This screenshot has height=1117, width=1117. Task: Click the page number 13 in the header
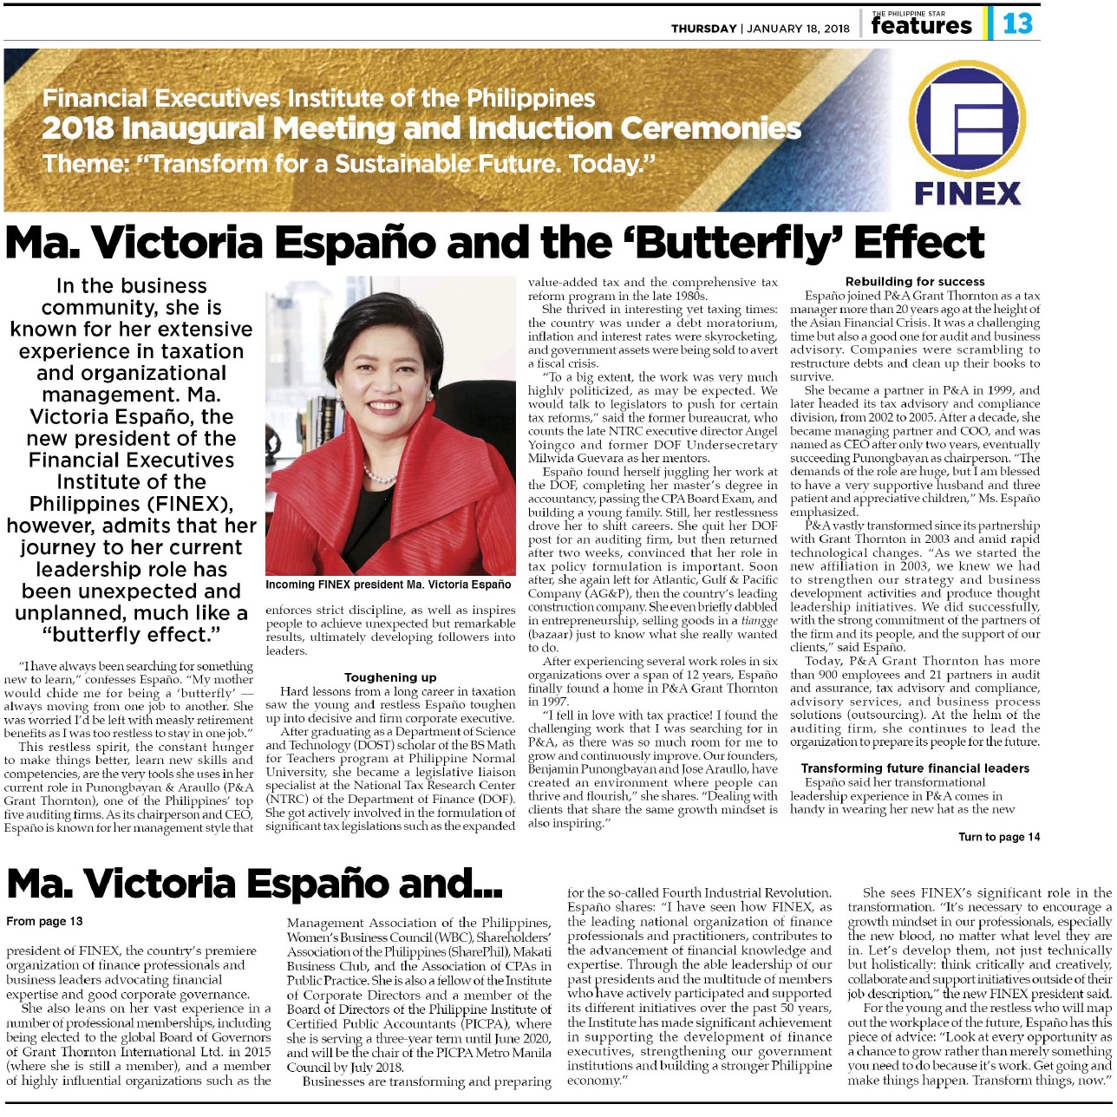click(1017, 23)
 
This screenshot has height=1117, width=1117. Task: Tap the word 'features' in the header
click(921, 26)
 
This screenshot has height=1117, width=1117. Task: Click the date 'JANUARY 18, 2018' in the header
click(798, 29)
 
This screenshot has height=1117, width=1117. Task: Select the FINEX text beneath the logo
click(968, 193)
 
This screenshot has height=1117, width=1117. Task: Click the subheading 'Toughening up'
click(390, 677)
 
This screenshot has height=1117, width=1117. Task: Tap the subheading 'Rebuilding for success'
click(915, 281)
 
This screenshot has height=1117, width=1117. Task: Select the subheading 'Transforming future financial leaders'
click(915, 768)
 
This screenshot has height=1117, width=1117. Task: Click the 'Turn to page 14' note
click(998, 837)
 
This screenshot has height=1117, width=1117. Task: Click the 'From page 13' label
click(44, 921)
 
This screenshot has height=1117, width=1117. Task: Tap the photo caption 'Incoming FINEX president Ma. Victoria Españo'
click(388, 585)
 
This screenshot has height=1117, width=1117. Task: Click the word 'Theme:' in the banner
click(84, 164)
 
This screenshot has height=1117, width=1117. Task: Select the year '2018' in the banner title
click(77, 129)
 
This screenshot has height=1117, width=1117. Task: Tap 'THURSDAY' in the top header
click(703, 29)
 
